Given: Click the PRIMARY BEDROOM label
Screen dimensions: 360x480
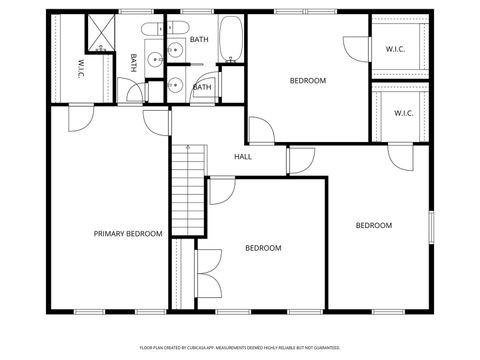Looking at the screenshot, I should pyautogui.click(x=128, y=234).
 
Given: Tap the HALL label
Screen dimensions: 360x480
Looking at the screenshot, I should pyautogui.click(x=242, y=157).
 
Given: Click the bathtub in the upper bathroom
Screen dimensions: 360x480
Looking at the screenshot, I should pyautogui.click(x=231, y=39).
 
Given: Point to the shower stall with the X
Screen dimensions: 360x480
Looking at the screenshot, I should pyautogui.click(x=102, y=32).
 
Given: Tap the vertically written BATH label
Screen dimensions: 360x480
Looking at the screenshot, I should pyautogui.click(x=133, y=64).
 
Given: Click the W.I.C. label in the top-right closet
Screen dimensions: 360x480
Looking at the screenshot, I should pyautogui.click(x=394, y=48).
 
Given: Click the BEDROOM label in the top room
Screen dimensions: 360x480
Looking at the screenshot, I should pyautogui.click(x=308, y=81).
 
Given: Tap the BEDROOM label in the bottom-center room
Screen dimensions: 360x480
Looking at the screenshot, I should pyautogui.click(x=263, y=248).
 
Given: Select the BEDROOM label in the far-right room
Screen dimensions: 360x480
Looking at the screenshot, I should pyautogui.click(x=374, y=226).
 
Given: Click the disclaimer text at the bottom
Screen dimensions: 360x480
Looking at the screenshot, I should pyautogui.click(x=240, y=347).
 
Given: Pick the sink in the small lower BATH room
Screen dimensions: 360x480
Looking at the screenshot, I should pyautogui.click(x=174, y=84).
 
